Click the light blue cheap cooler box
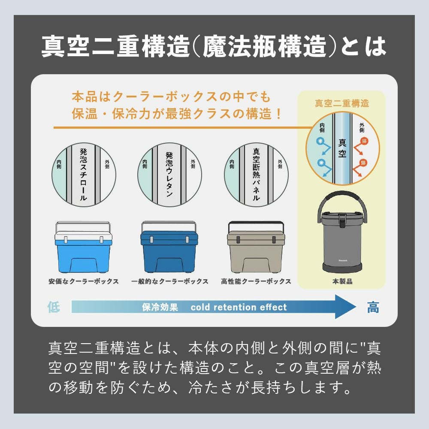(83, 248)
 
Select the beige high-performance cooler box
(256, 248)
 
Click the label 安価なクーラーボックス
(84, 281)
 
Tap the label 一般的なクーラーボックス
(169, 281)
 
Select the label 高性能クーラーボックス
(256, 281)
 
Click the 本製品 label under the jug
(342, 281)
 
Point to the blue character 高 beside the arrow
(373, 307)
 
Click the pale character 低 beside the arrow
(54, 307)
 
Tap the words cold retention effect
(239, 307)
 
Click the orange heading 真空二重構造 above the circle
(342, 103)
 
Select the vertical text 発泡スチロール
(84, 175)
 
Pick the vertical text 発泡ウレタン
(169, 175)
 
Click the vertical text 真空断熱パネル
(256, 175)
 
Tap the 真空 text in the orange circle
(342, 148)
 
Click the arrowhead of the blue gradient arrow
(346, 307)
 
